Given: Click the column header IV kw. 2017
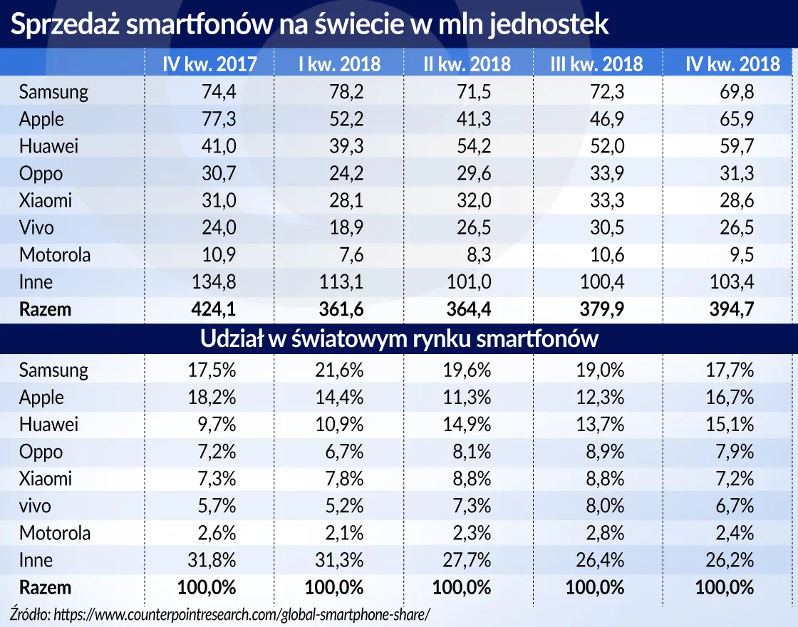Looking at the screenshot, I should (x=209, y=63).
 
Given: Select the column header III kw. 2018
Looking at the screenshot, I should (x=596, y=63).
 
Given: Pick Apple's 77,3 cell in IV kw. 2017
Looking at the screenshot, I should (x=217, y=119).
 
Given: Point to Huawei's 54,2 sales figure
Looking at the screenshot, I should (x=470, y=146).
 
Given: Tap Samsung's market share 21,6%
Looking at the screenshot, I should (x=338, y=370).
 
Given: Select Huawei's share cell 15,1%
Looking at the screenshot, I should (x=729, y=425).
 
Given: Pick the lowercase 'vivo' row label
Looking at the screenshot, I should (x=36, y=506).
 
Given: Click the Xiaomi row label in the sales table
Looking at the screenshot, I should (x=46, y=200).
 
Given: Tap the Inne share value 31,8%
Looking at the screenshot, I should (x=212, y=560).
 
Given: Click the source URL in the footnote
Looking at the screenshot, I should (x=242, y=613).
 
